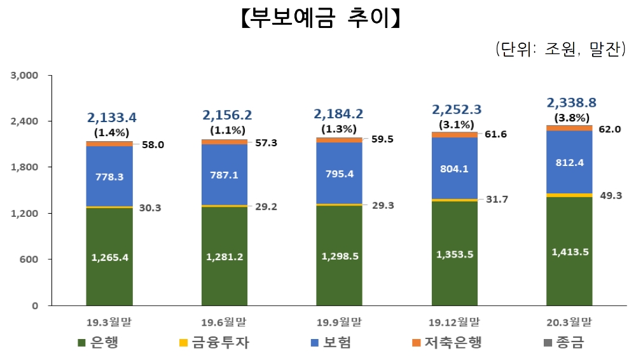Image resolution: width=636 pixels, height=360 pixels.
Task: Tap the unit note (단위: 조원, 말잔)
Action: [560, 50]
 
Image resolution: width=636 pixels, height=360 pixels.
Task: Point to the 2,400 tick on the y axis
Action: [25, 121]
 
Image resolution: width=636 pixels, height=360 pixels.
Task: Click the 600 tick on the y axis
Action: [31, 260]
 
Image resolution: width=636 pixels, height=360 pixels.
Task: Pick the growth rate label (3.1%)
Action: [455, 124]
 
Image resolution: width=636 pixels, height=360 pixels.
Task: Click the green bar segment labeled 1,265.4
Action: [109, 257]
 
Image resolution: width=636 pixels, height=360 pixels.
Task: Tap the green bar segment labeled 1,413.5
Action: [570, 251]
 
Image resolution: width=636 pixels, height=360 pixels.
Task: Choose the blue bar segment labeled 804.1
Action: [454, 169]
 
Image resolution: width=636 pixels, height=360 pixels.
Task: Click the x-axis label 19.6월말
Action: [225, 321]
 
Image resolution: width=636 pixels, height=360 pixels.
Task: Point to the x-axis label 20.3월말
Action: [570, 321]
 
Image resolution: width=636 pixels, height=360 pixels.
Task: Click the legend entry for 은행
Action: [98, 343]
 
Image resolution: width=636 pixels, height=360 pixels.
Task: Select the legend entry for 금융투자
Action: [214, 343]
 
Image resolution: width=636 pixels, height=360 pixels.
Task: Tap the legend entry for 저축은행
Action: [446, 343]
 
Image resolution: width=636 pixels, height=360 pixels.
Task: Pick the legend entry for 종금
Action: [560, 343]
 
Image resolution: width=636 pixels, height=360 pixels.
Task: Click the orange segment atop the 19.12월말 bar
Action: [454, 135]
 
